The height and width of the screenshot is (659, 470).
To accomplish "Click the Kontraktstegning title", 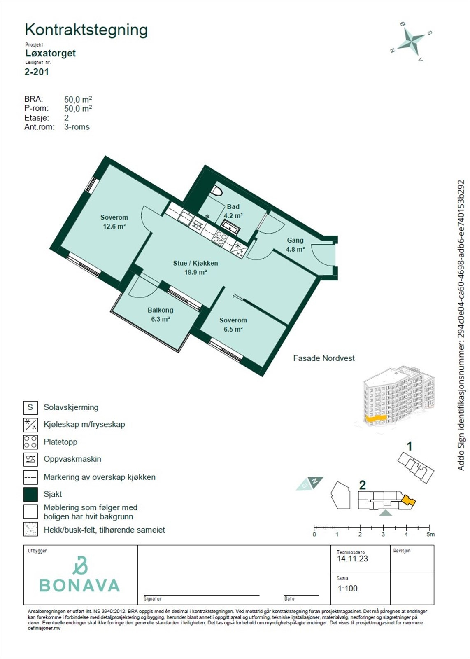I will click(86, 30).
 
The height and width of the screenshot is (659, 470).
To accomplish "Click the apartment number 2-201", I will click(37, 72).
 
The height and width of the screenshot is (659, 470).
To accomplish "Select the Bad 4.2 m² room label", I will click(233, 211).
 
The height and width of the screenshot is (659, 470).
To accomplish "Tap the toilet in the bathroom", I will click(217, 192).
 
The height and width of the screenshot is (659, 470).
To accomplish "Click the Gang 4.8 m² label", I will click(295, 245).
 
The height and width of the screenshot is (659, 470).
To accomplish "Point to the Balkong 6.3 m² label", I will click(160, 314).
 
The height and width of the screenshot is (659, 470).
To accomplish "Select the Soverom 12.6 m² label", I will click(114, 222).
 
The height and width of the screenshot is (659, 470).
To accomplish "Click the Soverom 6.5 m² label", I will click(233, 325).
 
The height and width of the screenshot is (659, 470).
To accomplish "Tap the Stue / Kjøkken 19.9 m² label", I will click(195, 267).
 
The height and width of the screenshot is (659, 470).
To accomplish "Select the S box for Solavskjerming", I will click(30, 407).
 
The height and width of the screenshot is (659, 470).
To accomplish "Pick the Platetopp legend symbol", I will click(30, 442).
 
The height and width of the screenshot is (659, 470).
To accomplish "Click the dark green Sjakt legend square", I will click(30, 494).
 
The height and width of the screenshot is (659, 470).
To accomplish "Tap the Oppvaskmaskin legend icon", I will click(30, 459).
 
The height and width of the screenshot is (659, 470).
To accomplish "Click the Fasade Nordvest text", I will click(323, 358).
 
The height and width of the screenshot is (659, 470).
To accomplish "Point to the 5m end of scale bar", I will click(429, 528).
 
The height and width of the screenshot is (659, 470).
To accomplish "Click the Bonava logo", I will click(79, 575).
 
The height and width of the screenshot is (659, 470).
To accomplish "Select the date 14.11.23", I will click(352, 559).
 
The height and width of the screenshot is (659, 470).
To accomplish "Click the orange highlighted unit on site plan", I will click(408, 500).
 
